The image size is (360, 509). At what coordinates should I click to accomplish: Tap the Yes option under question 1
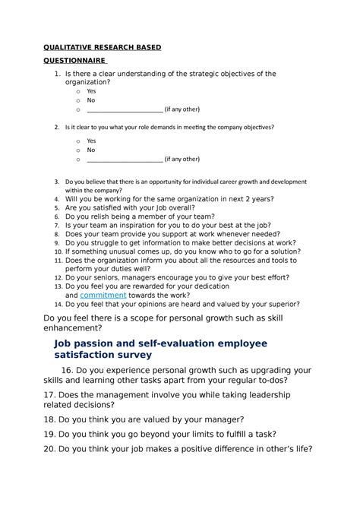(x=91, y=91)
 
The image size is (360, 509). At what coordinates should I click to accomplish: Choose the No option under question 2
(x=91, y=150)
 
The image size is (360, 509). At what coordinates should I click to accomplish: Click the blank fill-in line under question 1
(x=125, y=109)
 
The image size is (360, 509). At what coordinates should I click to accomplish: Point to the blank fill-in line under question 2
(x=125, y=160)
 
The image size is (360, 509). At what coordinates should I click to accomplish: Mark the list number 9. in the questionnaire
(x=57, y=242)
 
